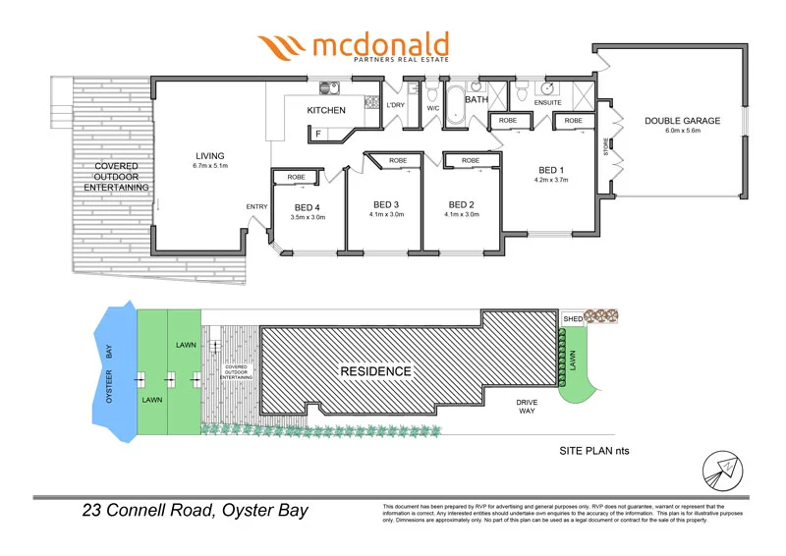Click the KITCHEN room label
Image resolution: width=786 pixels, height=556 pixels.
click(326, 111)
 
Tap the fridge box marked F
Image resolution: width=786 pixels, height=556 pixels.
click(317, 132)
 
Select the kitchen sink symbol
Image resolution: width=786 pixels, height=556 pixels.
click(328, 86)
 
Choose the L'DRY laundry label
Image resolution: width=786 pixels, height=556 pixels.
click(395, 105)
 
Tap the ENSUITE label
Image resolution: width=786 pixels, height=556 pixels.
click(546, 102)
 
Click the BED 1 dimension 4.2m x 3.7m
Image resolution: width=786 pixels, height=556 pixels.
click(550, 181)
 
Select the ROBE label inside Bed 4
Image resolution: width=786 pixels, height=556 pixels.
click(296, 177)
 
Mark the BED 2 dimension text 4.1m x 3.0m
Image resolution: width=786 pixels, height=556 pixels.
click(461, 214)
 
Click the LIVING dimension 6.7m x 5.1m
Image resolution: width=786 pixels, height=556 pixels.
click(209, 166)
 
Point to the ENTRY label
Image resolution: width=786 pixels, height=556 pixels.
click(256, 206)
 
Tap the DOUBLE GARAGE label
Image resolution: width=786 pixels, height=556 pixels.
click(682, 121)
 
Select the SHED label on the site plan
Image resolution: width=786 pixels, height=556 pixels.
click(573, 319)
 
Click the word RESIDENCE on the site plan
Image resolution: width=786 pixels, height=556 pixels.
click(375, 371)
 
